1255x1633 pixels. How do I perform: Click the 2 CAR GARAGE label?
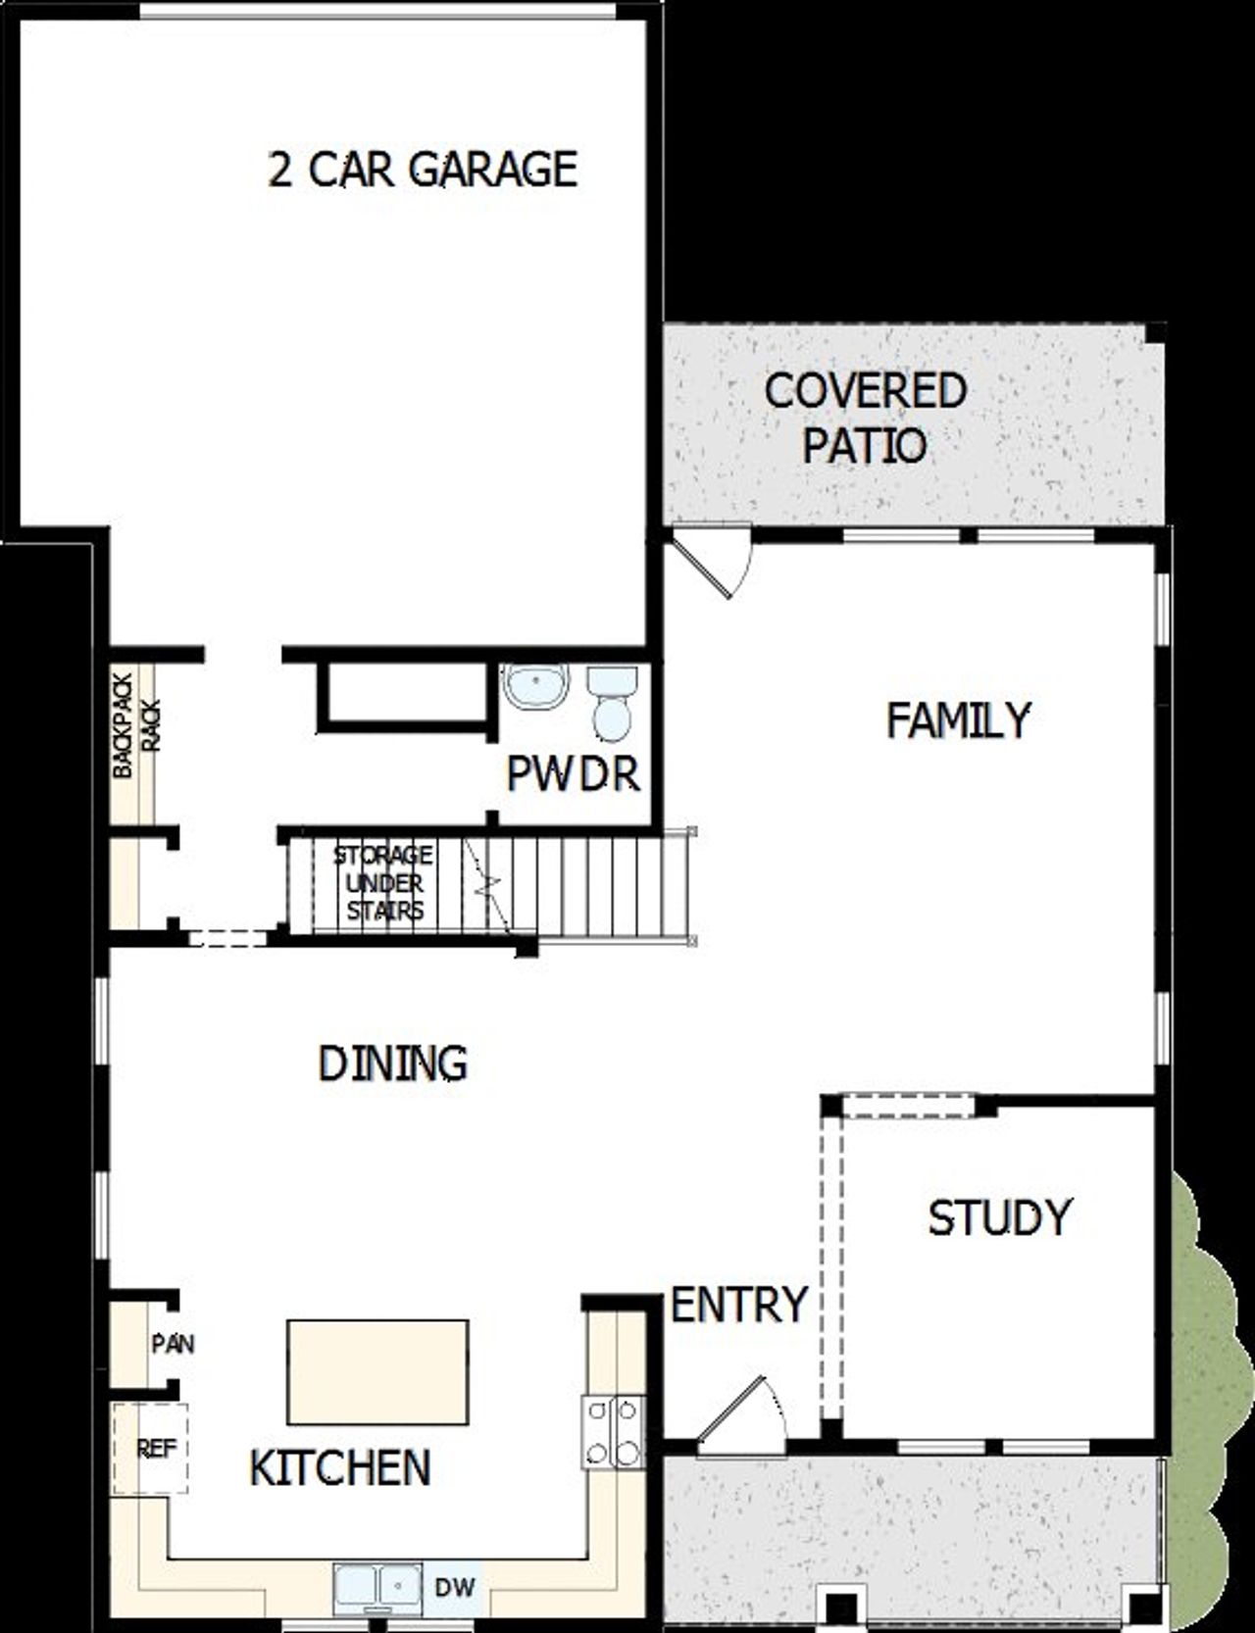[423, 170]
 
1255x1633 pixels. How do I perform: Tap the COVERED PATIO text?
[866, 418]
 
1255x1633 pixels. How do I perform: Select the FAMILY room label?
[958, 720]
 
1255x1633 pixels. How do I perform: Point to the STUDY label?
[999, 1217]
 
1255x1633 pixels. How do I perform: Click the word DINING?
[393, 1064]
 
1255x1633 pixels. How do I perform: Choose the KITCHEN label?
[340, 1467]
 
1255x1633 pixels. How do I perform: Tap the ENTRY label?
[738, 1305]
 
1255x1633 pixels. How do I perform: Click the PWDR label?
[573, 774]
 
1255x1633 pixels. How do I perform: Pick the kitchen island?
[377, 1372]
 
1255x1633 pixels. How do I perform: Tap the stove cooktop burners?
[613, 1431]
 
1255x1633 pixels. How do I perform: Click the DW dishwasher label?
[455, 1585]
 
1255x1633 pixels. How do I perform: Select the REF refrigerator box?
[149, 1449]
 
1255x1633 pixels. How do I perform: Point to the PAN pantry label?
[173, 1343]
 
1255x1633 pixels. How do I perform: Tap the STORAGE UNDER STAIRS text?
[383, 882]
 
